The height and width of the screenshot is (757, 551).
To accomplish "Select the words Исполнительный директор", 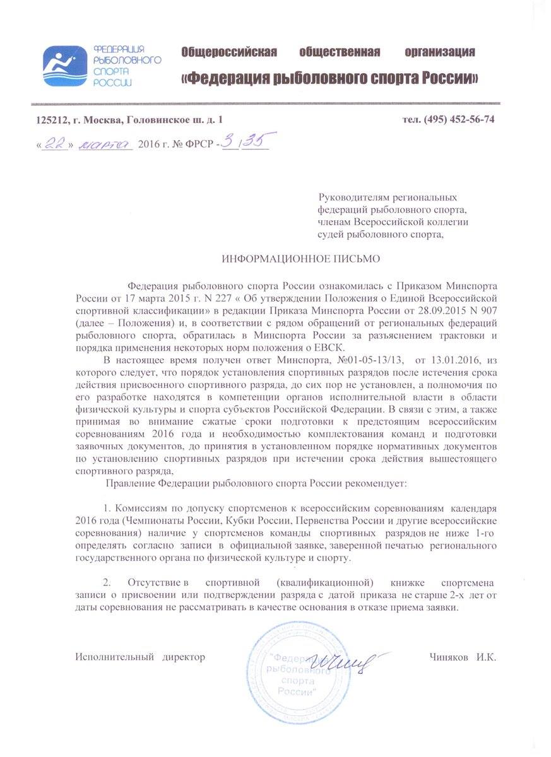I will click(140, 657).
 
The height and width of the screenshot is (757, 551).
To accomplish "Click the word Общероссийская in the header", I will click(229, 52).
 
